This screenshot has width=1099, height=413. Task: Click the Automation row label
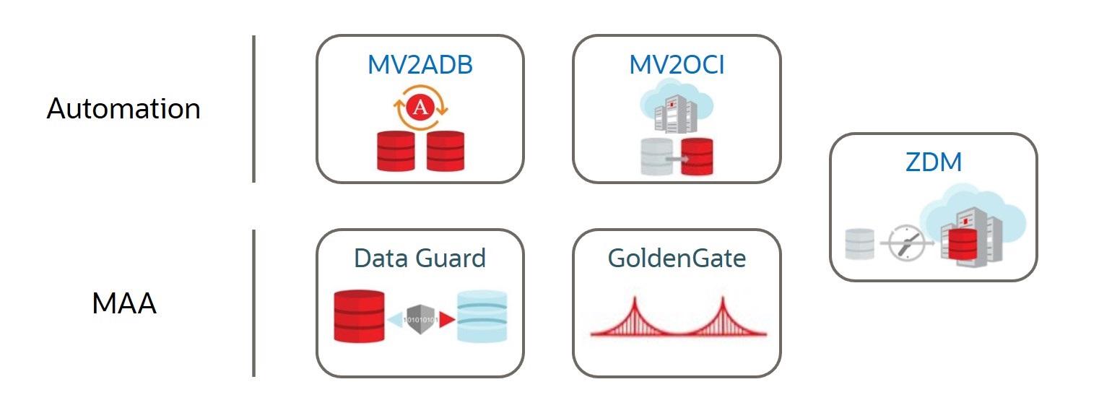point(123,109)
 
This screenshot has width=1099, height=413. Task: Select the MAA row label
point(124,304)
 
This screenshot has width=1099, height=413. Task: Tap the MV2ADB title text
point(420,65)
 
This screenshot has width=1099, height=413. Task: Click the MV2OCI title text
point(677,65)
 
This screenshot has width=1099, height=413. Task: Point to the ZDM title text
point(933,162)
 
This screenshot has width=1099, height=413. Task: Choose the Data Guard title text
point(420,258)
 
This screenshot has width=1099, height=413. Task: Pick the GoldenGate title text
point(677,258)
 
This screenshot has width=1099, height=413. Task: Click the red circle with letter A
point(420,109)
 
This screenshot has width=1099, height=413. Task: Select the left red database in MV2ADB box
point(396,151)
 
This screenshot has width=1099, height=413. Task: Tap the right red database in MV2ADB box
point(445,151)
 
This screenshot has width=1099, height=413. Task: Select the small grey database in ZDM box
point(859,244)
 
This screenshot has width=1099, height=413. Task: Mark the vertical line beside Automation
point(253,109)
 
